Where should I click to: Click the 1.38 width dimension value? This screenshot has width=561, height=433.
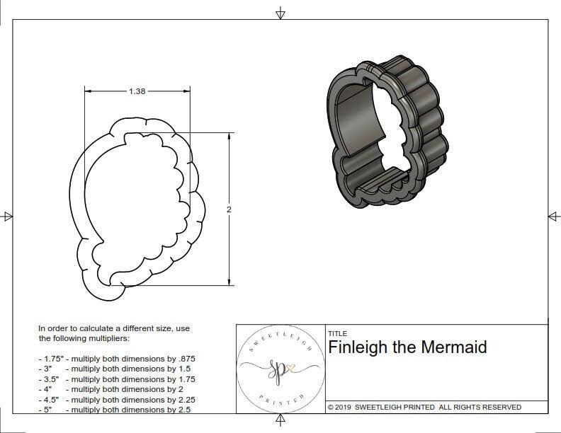(x=137, y=91)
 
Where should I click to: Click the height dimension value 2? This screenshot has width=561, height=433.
(x=229, y=209)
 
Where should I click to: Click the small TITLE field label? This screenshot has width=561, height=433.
(x=337, y=333)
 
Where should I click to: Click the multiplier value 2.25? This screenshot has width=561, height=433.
(x=181, y=399)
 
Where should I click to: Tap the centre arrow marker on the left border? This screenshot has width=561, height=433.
(x=7, y=216)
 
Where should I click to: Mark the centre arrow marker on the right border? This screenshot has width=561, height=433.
(x=553, y=216)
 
